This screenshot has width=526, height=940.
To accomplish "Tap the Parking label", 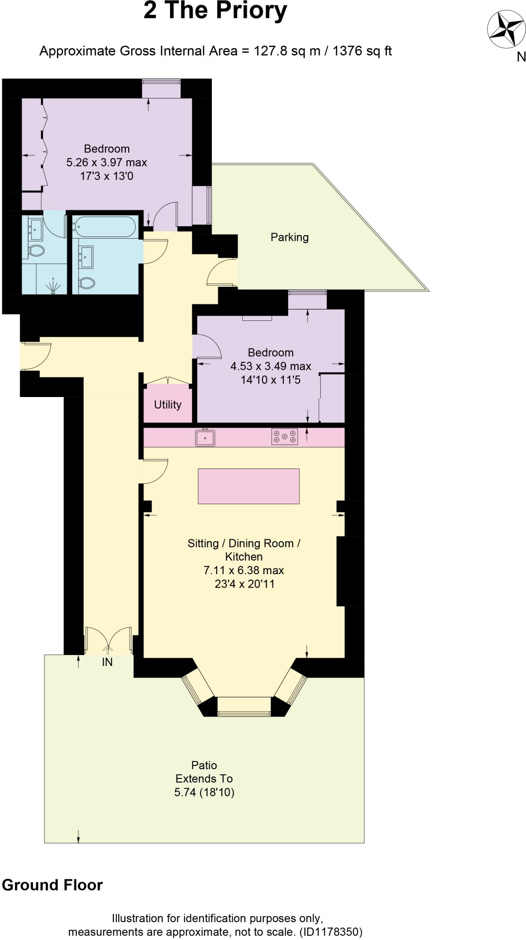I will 289,237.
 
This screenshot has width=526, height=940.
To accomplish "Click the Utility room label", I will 168,404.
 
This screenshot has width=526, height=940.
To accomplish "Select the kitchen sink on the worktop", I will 205,437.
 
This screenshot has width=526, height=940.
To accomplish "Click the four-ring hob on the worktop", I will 284,436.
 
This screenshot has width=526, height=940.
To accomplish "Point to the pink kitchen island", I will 249,486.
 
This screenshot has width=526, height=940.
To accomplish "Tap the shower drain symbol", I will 53,286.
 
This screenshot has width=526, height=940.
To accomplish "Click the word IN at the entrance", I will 107,662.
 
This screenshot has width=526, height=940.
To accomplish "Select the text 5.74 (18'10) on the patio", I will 204,792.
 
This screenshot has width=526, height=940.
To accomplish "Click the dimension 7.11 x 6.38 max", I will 243,570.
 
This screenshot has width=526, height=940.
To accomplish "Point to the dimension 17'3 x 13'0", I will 107,176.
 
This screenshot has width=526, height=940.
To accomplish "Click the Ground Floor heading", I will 52,885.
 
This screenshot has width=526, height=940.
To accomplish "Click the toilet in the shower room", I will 36,251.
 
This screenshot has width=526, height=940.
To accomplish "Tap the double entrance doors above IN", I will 108,640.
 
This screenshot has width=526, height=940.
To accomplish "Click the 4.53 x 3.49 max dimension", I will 271,366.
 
